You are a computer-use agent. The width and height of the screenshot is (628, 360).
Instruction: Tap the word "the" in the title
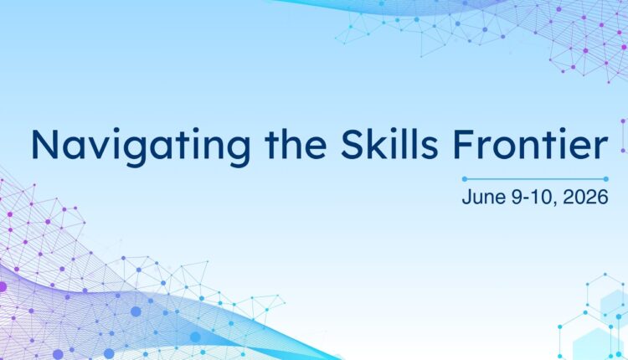[296, 143]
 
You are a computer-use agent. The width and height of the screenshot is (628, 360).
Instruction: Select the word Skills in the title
[389, 143]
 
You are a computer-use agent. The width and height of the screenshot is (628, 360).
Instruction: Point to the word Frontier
[530, 143]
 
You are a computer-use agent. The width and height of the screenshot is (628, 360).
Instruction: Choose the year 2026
[585, 197]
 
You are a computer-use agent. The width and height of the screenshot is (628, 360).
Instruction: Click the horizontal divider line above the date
[535, 179]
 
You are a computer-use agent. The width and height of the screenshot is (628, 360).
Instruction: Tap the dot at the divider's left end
[465, 179]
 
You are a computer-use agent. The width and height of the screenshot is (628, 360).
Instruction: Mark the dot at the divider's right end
[606, 179]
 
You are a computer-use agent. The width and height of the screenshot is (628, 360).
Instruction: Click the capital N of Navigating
[45, 144]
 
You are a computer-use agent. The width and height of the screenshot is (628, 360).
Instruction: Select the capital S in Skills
[353, 144]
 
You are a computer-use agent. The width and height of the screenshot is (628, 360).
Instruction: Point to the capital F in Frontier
[463, 144]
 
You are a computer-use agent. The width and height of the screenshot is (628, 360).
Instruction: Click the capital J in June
[467, 197]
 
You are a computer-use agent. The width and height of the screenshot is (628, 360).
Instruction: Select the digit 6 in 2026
[603, 197]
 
